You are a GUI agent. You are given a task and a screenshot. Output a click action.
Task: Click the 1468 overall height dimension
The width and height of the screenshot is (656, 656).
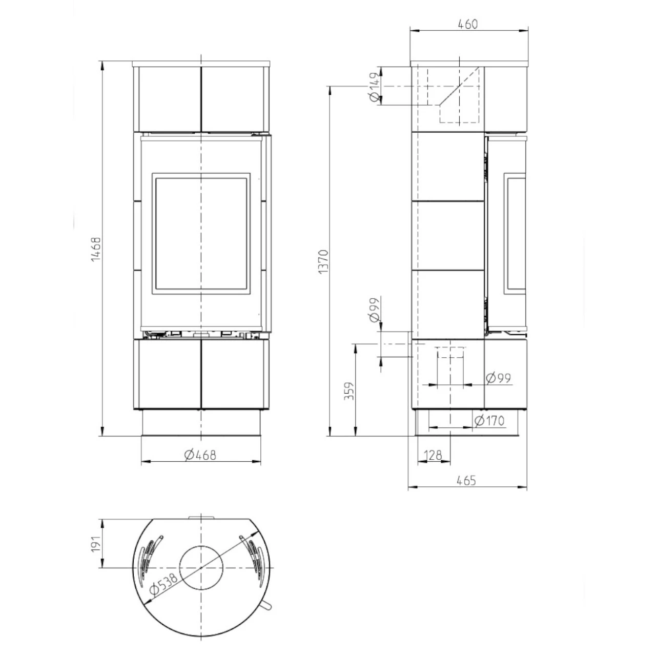point(95,250)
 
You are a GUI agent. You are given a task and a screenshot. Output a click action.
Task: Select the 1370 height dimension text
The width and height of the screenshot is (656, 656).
point(323,262)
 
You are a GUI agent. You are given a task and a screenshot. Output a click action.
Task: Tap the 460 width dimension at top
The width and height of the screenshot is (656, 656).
point(467,24)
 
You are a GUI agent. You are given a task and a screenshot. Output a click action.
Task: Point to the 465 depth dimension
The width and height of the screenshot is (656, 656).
point(466,480)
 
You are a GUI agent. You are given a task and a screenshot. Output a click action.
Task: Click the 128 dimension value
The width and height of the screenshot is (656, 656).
point(433,455)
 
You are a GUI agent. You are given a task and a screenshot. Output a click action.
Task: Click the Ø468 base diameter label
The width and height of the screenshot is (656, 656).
point(199,455)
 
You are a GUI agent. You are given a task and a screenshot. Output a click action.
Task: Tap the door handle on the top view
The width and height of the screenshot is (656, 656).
point(266,606)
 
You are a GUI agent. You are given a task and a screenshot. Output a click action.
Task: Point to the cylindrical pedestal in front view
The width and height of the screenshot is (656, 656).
point(201,423)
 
